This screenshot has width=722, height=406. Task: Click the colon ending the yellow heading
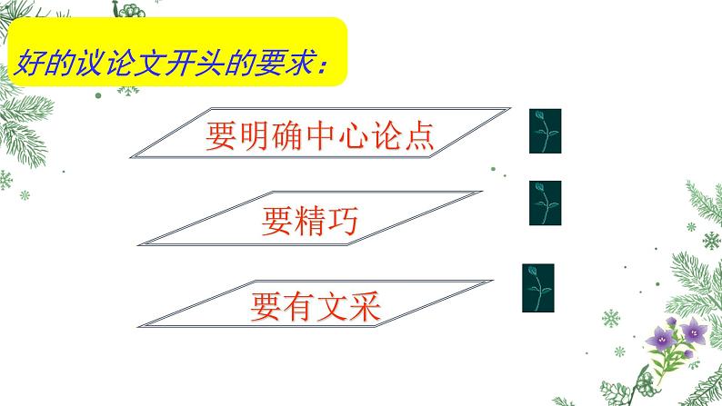point(325,64)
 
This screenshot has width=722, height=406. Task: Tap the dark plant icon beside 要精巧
point(545,203)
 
